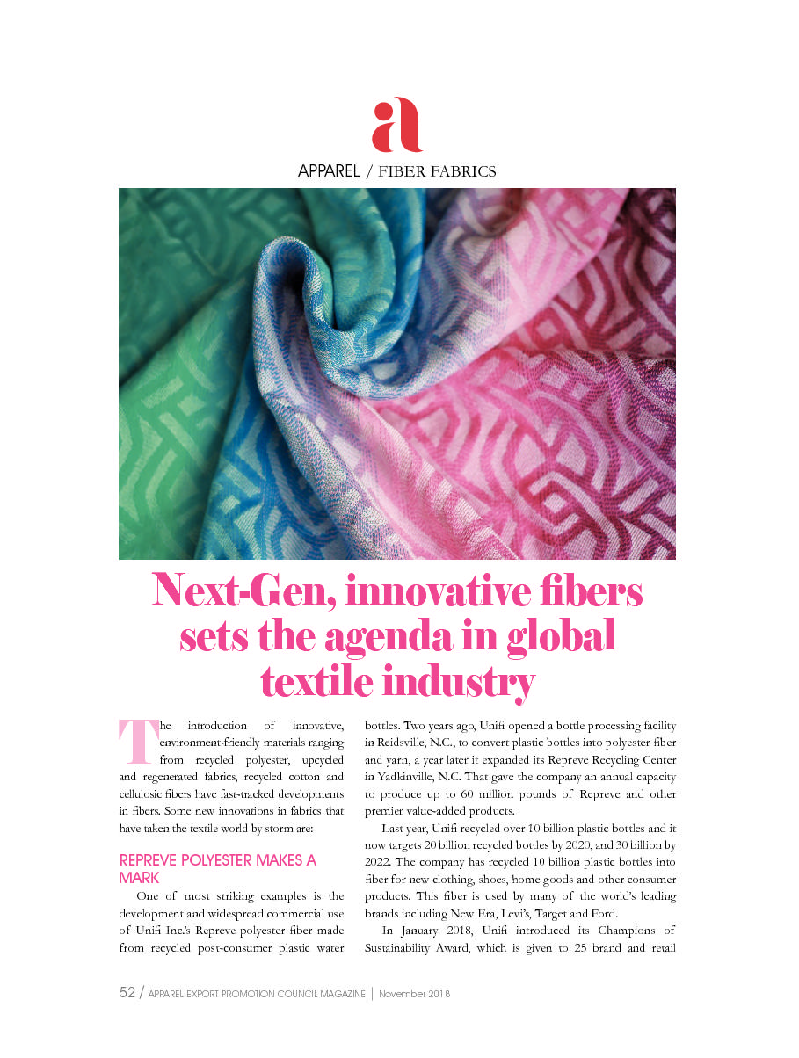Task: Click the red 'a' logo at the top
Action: click(397, 125)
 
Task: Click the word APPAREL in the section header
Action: click(329, 171)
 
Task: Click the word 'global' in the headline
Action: click(561, 636)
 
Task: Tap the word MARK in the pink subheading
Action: click(140, 877)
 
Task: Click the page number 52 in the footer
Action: click(127, 993)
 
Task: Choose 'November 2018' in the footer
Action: click(415, 994)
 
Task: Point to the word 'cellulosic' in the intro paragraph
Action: click(145, 794)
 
